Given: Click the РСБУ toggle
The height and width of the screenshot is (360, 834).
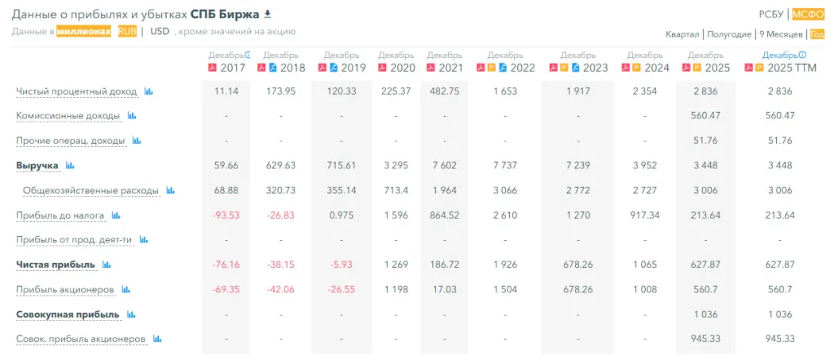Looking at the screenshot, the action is click(771, 14).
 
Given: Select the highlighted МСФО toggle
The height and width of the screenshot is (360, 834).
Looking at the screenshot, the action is click(808, 14).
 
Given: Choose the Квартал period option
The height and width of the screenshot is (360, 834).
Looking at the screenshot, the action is click(682, 35).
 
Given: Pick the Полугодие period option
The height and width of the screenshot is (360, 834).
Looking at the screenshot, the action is click(727, 35).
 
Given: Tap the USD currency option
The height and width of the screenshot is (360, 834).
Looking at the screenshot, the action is click(160, 32).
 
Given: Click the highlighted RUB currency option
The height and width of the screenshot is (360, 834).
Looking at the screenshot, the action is click(127, 32).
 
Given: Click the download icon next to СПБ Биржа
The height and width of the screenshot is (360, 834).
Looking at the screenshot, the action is click(268, 14).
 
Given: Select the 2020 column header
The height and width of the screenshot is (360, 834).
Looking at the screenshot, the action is click(403, 68).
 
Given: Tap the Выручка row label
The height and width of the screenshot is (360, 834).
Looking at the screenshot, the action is click(37, 165).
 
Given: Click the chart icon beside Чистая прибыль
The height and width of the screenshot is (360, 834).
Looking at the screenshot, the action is click(106, 264).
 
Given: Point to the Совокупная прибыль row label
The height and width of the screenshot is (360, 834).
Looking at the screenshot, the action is click(68, 314).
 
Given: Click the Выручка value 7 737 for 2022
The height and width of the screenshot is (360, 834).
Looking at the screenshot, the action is click(505, 165).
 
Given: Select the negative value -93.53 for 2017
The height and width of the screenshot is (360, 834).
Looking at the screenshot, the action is click(226, 215).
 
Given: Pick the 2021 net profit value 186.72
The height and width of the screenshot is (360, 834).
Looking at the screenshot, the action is click(444, 265).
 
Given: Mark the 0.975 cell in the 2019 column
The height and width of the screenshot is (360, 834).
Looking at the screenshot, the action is click(341, 215).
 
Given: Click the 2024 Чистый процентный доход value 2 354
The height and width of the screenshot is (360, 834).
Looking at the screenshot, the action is click(645, 91).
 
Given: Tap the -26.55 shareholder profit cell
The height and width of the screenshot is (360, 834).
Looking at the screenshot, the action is click(341, 290).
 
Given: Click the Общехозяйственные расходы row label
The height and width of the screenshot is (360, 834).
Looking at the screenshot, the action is click(91, 191).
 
